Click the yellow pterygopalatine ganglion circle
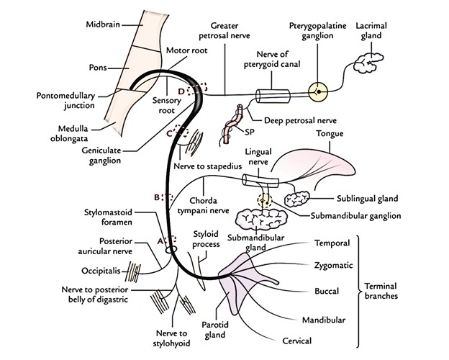pos(317,93)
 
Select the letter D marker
pos(191,91)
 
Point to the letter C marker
pos(170,132)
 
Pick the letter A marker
pos(160,241)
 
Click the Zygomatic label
pos(334,265)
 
